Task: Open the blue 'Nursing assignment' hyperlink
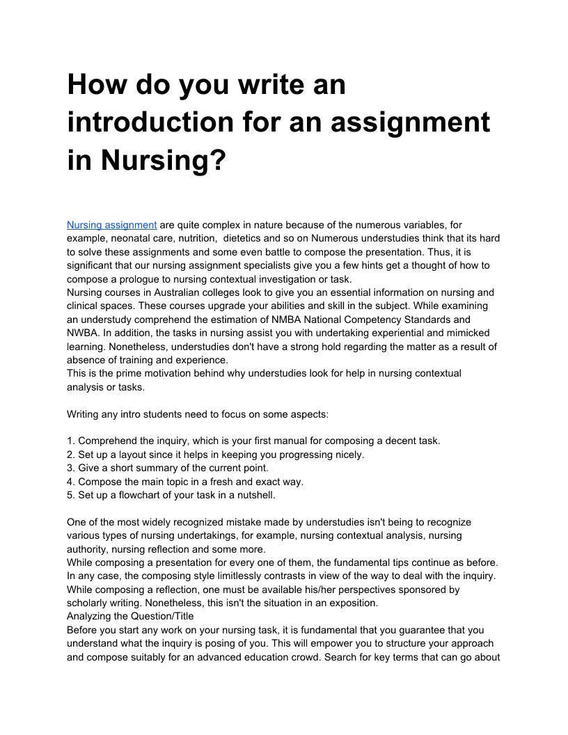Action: (111, 225)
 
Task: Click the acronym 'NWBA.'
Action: (84, 333)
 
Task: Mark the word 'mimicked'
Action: (470, 333)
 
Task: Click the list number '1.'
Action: (71, 441)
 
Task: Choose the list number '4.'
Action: (71, 481)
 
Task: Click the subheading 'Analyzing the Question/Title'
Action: (130, 616)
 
